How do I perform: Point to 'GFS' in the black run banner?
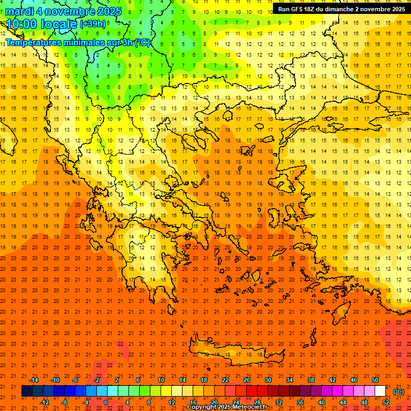(300, 9)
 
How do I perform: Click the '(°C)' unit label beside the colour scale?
(399, 392)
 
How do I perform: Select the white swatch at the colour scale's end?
(380, 391)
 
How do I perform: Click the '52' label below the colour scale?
(385, 402)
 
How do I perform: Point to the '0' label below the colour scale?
(105, 402)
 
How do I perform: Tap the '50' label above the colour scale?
(375, 380)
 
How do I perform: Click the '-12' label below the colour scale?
(45, 402)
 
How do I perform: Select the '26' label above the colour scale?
(247, 380)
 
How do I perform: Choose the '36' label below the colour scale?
(300, 402)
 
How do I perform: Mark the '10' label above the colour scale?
(161, 380)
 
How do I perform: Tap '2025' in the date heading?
(107, 11)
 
